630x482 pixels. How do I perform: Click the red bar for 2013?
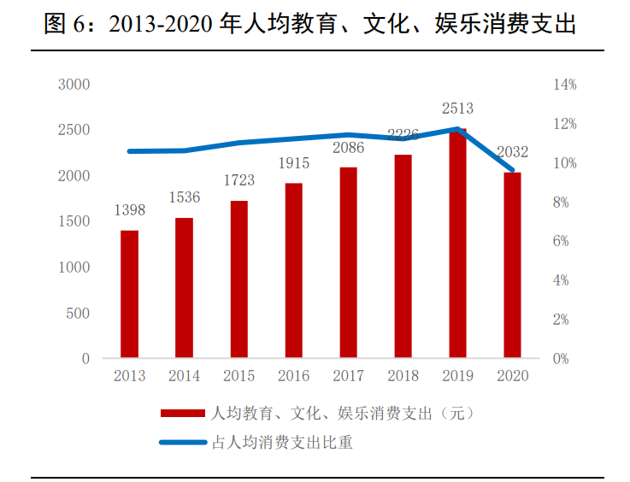(129, 293)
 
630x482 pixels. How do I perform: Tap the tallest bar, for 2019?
(457, 243)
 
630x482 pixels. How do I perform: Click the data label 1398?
(129, 210)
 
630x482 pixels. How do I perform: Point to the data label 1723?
(238, 180)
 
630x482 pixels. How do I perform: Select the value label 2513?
(457, 109)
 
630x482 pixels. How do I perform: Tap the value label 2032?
(512, 152)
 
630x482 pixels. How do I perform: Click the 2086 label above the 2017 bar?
(348, 148)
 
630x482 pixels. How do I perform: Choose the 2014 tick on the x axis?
(184, 376)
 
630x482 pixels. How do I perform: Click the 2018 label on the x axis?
(403, 376)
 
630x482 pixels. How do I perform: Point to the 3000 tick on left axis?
(74, 85)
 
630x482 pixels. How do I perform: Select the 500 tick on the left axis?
(79, 313)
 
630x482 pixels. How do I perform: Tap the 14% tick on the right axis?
(565, 85)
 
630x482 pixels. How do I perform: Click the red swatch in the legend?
(182, 414)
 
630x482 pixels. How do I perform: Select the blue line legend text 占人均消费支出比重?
(282, 443)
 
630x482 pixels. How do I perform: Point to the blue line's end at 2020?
(512, 170)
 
